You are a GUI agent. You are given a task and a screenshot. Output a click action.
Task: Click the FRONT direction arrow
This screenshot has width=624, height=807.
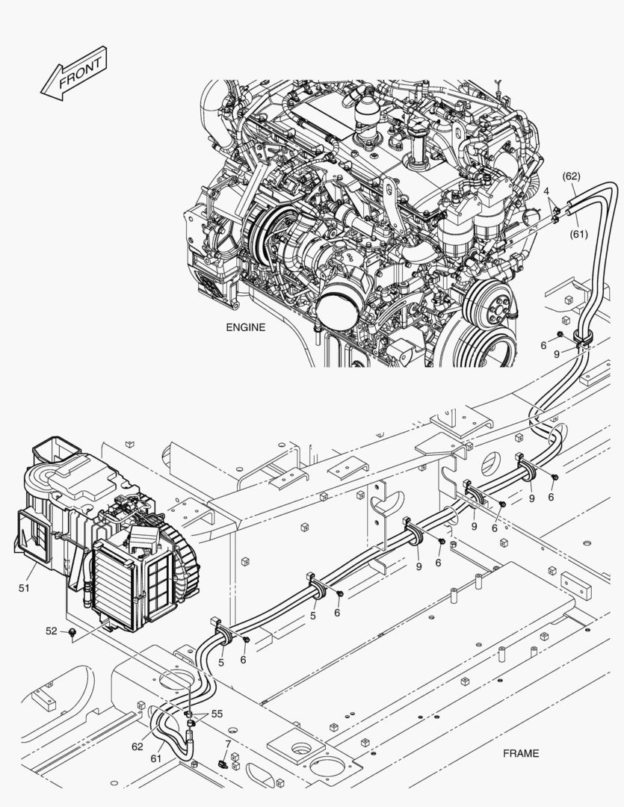click(74, 73)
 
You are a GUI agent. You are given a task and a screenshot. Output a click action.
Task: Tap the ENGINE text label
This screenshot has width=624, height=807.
click(246, 327)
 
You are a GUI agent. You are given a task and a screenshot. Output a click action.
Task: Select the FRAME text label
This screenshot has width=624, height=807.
click(521, 753)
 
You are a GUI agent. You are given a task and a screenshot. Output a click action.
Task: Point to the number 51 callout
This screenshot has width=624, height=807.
click(24, 588)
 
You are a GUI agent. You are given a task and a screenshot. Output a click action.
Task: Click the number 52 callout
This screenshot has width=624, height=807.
click(52, 631)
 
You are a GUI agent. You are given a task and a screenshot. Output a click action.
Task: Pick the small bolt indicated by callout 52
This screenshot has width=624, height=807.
click(72, 634)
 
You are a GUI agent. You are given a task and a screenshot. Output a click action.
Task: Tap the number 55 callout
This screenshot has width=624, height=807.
click(217, 714)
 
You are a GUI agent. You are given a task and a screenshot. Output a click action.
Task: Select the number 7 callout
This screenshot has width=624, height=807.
click(228, 744)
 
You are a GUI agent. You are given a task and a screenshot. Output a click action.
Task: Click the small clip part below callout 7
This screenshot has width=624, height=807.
click(223, 763)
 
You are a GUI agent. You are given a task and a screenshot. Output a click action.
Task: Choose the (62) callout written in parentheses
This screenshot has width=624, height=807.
click(571, 176)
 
